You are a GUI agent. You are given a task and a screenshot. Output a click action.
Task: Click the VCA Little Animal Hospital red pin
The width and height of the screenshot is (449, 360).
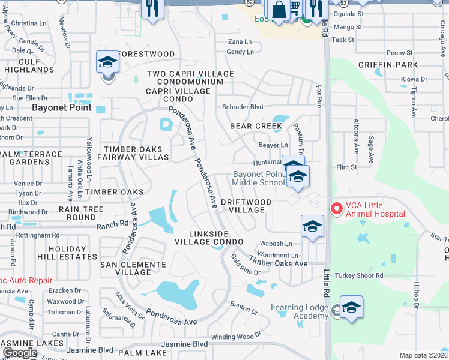click(337, 209)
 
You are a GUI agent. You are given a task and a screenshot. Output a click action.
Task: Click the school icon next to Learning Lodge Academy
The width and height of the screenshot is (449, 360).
click(351, 307)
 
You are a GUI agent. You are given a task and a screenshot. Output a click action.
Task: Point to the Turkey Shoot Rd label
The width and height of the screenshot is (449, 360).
click(358, 275)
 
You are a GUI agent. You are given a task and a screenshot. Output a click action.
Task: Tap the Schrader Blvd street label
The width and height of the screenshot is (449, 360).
click(243, 106)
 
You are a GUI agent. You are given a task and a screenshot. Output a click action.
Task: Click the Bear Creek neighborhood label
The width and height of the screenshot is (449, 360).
click(256, 126)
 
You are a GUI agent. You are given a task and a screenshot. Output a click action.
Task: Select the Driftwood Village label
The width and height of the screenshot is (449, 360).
click(243, 206)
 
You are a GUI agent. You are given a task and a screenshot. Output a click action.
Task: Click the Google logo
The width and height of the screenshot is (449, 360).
click(20, 352)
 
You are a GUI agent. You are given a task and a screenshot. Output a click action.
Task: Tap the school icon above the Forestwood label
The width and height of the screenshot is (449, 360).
click(107, 62)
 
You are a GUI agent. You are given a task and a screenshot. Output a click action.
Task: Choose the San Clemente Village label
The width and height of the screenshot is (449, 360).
click(133, 268)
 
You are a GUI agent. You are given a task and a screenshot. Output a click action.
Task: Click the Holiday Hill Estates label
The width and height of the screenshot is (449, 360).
click(68, 253)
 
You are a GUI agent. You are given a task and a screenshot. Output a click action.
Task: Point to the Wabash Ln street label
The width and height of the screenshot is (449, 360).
click(276, 244)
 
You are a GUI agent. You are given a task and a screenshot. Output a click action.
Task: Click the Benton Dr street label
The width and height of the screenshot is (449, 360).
click(243, 312)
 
